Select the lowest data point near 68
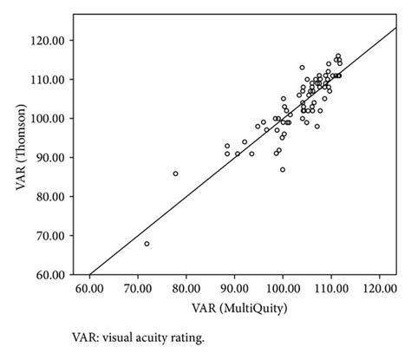click(x=147, y=244)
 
